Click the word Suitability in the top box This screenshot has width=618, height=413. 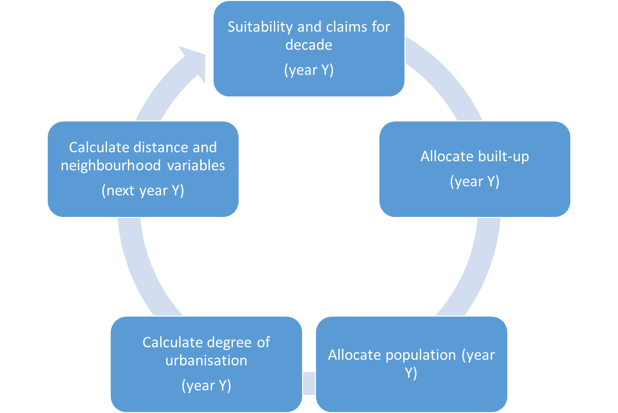260,27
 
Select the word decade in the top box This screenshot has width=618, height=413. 309,45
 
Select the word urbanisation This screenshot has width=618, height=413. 206,361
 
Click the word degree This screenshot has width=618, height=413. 229,343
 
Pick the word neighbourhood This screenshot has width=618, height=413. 111,165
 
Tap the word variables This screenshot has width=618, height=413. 196,165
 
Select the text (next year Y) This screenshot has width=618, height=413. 143,191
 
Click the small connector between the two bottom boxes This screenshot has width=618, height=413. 309,383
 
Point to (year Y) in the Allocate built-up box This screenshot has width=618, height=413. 474,182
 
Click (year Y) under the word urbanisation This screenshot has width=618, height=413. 206,386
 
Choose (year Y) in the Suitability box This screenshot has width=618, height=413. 309,70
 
